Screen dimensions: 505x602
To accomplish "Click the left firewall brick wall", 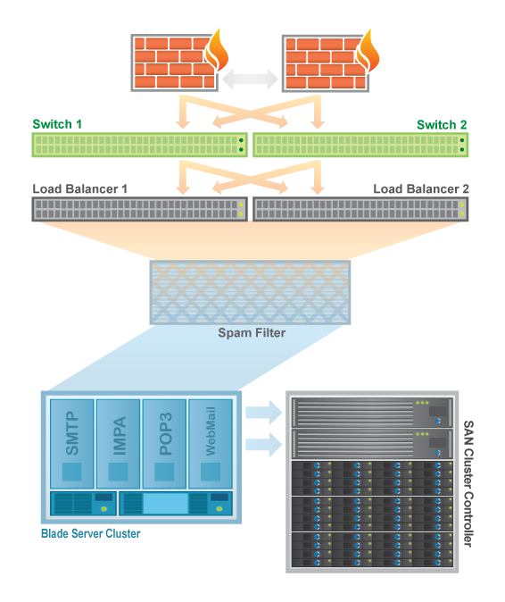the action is (175, 63).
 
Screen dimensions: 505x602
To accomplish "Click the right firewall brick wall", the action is (326, 63).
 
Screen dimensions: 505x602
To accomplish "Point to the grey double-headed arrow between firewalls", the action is (250, 79).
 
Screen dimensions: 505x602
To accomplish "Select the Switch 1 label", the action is (57, 124).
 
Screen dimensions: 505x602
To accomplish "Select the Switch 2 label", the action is (442, 125).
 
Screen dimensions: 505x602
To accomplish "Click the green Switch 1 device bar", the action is (139, 145).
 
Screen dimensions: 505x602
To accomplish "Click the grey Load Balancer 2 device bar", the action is (360, 209).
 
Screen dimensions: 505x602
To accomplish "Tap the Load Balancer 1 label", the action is (79, 188).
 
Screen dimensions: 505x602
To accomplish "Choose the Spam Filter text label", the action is (252, 332).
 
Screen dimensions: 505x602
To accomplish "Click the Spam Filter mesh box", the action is (250, 293).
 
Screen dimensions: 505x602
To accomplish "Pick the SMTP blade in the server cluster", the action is (72, 443).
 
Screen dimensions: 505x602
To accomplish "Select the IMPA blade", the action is (118, 443).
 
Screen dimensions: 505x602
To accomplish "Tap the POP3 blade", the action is (164, 443).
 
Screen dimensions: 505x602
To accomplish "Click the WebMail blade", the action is (211, 443).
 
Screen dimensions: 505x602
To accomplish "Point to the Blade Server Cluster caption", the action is (90, 533).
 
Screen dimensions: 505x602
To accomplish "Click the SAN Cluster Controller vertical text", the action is (468, 483).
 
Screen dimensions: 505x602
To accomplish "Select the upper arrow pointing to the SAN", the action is (264, 413).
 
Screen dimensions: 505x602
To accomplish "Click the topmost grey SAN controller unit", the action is (372, 412).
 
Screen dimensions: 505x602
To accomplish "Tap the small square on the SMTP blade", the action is (72, 472).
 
